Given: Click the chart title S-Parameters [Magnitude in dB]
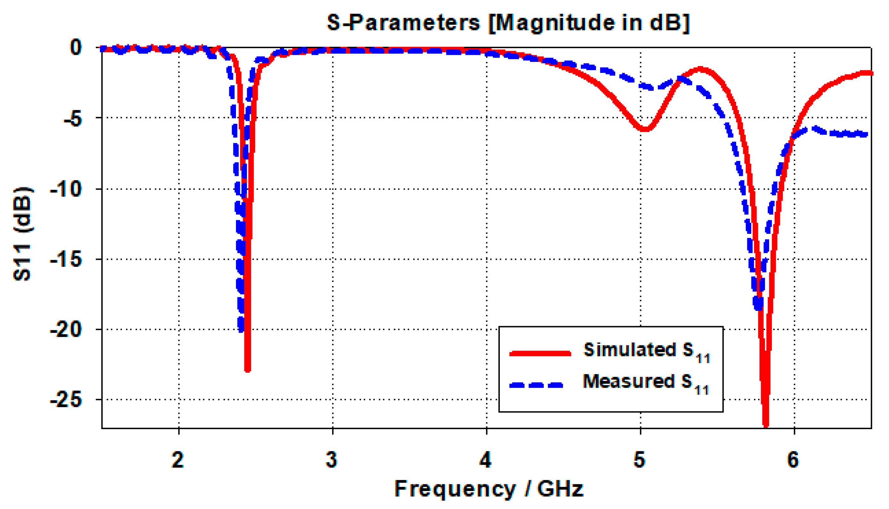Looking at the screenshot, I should point(508,23).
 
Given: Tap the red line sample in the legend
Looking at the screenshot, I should point(540,353).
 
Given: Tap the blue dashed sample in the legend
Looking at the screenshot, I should point(537,385).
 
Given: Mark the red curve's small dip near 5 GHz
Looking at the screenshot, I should point(644,129).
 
